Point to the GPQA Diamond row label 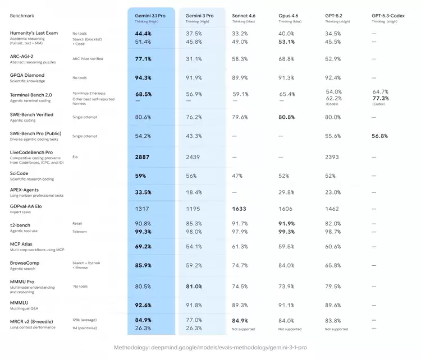(27, 75)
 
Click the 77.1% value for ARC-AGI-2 (143, 59)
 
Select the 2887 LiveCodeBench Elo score (142, 157)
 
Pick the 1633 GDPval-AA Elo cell (240, 208)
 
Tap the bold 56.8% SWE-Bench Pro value (381, 136)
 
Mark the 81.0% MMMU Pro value (194, 287)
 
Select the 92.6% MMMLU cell (144, 306)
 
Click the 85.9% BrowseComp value (144, 265)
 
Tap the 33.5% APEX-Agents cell (143, 192)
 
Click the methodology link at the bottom (210, 348)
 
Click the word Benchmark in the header (22, 15)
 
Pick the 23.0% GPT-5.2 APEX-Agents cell (333, 192)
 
